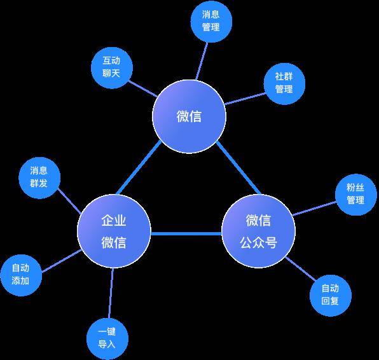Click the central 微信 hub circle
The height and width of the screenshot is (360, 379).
189,116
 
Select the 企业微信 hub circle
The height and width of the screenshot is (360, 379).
114,231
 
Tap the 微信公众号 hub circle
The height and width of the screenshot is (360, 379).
258,231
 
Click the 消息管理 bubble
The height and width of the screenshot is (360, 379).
211,21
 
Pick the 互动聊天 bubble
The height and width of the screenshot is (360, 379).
112,67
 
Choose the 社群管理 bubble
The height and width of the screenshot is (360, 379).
284,84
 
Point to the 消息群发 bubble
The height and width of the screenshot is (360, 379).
39,177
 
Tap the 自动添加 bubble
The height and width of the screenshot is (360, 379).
21,275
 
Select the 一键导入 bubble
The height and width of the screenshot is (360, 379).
107,339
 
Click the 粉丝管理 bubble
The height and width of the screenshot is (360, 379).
356,195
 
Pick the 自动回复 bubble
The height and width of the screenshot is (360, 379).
331,296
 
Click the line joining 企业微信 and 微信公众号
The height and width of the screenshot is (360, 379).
186,234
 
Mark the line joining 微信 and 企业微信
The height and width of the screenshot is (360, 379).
139,168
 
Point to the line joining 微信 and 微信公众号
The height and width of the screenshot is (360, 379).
238,168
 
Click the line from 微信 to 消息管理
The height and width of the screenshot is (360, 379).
202,61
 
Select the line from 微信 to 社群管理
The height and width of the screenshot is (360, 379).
245,99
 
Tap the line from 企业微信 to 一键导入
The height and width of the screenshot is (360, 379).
111,293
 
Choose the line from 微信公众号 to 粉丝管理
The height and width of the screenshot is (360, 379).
314,208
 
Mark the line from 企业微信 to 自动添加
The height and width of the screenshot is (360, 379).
62,261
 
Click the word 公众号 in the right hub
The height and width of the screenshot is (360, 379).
258,242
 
